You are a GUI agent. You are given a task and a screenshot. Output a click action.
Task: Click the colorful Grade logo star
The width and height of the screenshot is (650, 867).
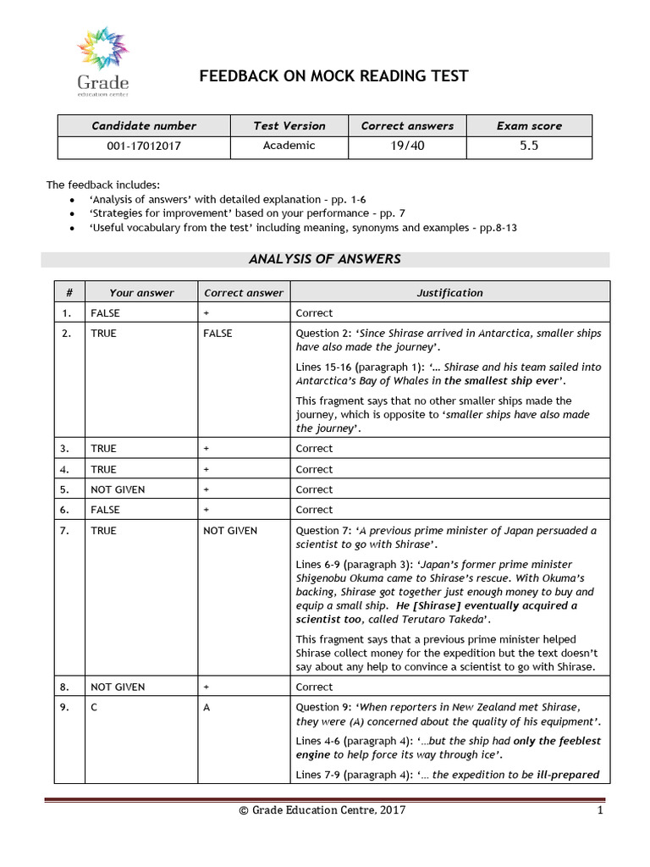[103, 48]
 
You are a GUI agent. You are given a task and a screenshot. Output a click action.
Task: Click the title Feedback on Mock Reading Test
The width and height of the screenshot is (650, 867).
[333, 77]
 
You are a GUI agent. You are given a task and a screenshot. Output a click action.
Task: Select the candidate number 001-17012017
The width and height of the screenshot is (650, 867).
[144, 146]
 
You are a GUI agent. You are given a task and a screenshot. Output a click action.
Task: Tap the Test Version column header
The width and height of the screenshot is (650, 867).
[289, 126]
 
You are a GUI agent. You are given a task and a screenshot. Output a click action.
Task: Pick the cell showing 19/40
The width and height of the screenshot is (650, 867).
[407, 146]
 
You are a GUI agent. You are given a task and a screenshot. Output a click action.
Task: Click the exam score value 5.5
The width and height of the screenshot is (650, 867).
[529, 146]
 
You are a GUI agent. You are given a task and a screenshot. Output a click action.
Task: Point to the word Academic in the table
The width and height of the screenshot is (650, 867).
[289, 146]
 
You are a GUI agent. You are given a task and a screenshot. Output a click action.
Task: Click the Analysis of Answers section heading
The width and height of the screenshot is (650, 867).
[324, 259]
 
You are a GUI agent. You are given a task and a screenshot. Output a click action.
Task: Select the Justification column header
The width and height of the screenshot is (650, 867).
[449, 293]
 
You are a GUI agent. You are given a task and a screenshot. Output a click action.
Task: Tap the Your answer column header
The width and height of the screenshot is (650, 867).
[141, 293]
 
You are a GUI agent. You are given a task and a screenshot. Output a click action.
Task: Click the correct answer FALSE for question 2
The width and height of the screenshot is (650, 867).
[218, 334]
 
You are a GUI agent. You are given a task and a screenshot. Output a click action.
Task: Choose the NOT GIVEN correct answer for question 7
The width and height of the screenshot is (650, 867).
[230, 531]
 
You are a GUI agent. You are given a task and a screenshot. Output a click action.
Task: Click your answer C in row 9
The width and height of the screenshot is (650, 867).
[94, 707]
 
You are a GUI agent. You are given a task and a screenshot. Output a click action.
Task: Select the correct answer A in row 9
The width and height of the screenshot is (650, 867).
[207, 707]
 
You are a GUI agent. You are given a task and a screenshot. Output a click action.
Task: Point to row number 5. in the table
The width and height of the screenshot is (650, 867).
[69, 489]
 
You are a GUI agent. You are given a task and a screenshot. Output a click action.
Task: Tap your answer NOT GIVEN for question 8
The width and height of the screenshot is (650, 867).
[118, 687]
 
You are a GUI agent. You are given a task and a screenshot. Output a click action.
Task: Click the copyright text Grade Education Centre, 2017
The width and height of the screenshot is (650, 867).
[322, 810]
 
